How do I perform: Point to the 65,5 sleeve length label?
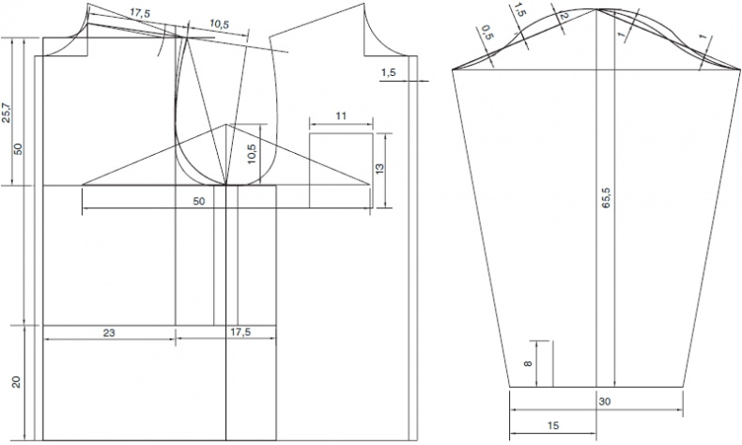(606, 198)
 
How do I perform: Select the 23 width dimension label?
(109, 333)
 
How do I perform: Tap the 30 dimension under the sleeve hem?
(604, 402)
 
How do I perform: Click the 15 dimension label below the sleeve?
(552, 425)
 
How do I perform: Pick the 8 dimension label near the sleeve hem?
(528, 363)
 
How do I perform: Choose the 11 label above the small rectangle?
(341, 115)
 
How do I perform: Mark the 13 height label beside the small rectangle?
(379, 169)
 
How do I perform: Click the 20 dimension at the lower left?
(17, 382)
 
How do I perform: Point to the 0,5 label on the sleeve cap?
(486, 33)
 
